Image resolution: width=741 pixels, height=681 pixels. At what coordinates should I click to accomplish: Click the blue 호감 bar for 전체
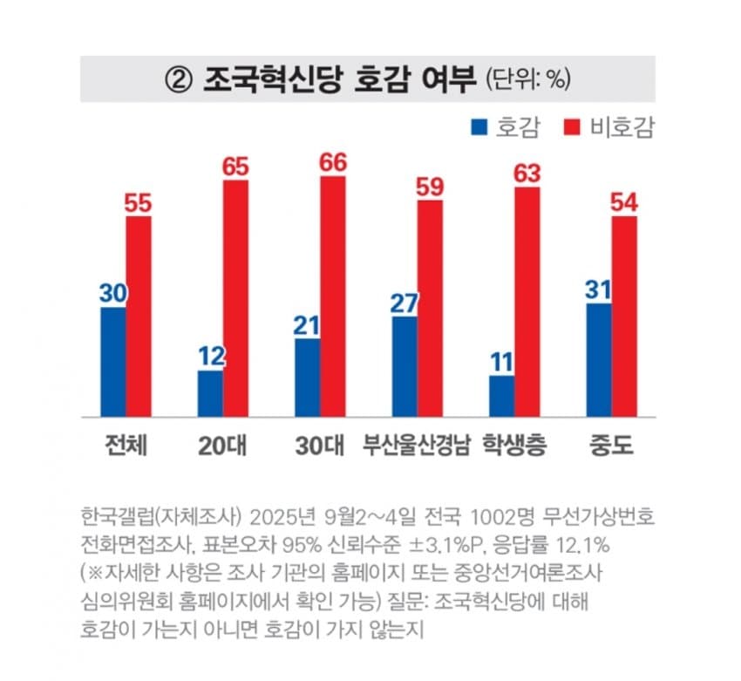tap(112, 362)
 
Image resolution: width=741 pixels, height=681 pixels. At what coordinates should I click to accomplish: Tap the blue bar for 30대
tap(308, 377)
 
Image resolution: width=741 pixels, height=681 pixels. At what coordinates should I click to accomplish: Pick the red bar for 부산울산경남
tap(430, 308)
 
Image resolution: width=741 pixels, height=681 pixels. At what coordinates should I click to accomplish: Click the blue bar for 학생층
tap(501, 396)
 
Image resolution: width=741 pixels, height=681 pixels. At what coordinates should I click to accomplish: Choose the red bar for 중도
tap(624, 316)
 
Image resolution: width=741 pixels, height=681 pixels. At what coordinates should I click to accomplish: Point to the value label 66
tap(333, 162)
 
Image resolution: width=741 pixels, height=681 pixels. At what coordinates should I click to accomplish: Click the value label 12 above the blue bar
tap(210, 357)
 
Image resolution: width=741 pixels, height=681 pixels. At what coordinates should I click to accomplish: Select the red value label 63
tap(527, 173)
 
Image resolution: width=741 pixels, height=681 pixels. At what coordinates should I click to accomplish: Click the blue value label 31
tap(598, 289)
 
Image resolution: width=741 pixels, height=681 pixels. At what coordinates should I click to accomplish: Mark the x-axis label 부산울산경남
tap(417, 446)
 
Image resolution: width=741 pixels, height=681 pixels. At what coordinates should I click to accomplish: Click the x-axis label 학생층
tap(514, 446)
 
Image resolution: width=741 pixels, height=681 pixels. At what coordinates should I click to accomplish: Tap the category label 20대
tap(222, 446)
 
